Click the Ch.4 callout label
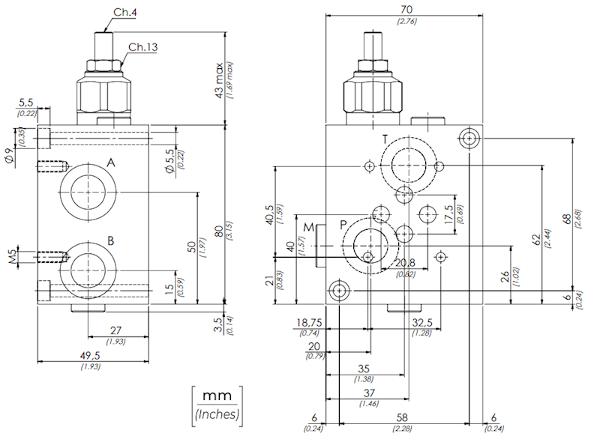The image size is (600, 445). pyautogui.click(x=124, y=13)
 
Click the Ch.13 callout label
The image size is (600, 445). pyautogui.click(x=142, y=48)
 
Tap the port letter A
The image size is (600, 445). pyautogui.click(x=110, y=163)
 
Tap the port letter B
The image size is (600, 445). pyautogui.click(x=110, y=240)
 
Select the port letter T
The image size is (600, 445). pyautogui.click(x=385, y=140)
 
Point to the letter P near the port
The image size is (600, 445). pyautogui.click(x=343, y=225)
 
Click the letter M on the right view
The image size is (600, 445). pyautogui.click(x=308, y=227)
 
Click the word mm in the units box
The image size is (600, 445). pyautogui.click(x=218, y=395)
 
